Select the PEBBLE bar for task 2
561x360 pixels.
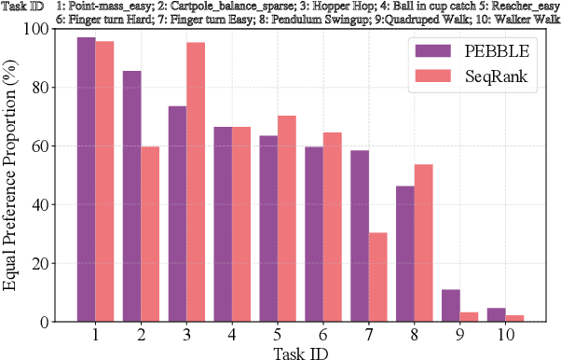pos(132,196)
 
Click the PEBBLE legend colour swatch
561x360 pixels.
pos(429,51)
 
